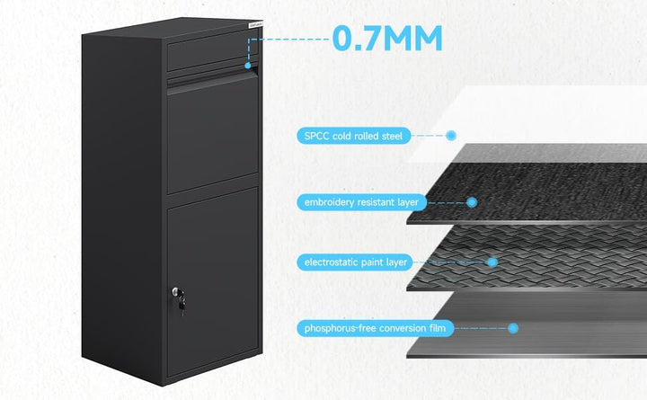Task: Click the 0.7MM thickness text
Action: coord(387,39)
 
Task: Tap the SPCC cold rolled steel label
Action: coord(354,136)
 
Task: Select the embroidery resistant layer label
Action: coord(361,202)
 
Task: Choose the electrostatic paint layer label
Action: coord(355,262)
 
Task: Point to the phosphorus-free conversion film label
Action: coord(375,328)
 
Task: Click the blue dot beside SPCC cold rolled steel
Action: coord(451,136)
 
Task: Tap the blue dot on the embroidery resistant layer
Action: coord(472,202)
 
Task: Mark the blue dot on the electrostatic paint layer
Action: coord(492,262)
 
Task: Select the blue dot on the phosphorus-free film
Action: coord(513,328)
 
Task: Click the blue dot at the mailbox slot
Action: coord(248,66)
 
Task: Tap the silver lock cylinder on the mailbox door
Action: coord(176,291)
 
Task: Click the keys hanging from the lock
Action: coord(182,305)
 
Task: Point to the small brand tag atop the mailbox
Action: coord(255,24)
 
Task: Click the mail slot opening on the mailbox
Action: coord(212,78)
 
